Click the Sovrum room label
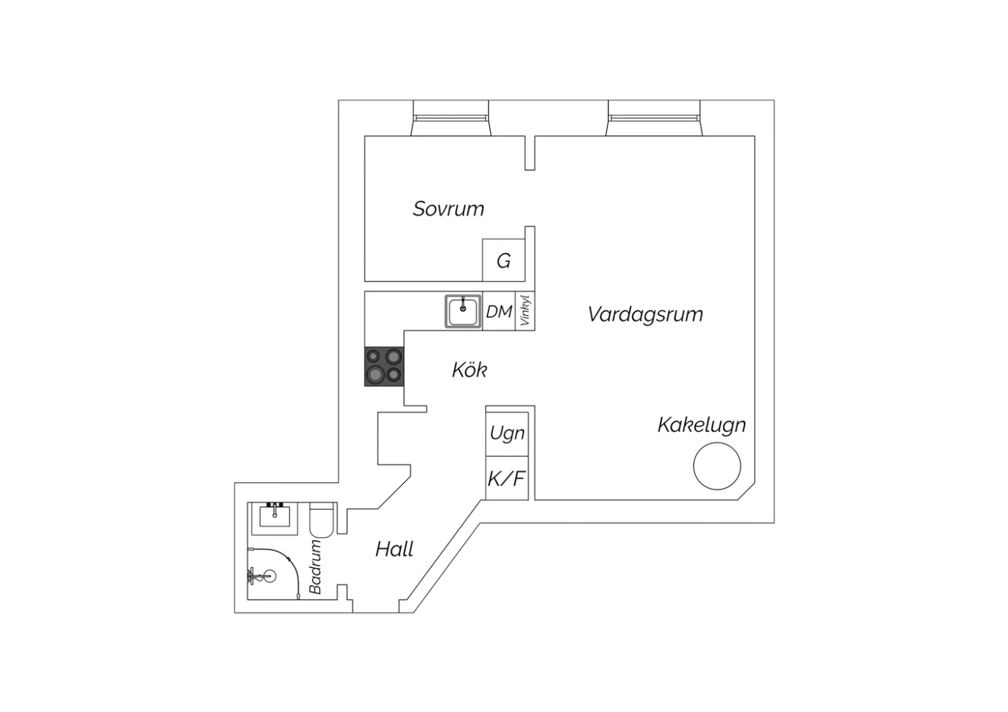[x=448, y=209]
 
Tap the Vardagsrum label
[x=645, y=314]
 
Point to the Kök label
[x=469, y=370]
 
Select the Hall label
[x=394, y=549]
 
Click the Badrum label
[x=316, y=567]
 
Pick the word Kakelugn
[x=701, y=425]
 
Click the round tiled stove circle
[x=717, y=465]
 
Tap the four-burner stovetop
[x=384, y=367]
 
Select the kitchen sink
[x=463, y=312]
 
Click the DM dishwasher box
[x=499, y=312]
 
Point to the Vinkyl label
[x=525, y=311]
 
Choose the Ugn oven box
[x=507, y=433]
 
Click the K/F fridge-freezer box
[x=507, y=479]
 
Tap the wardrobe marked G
[x=503, y=261]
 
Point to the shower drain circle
[x=269, y=576]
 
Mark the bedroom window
[x=450, y=118]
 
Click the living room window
[x=655, y=118]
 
